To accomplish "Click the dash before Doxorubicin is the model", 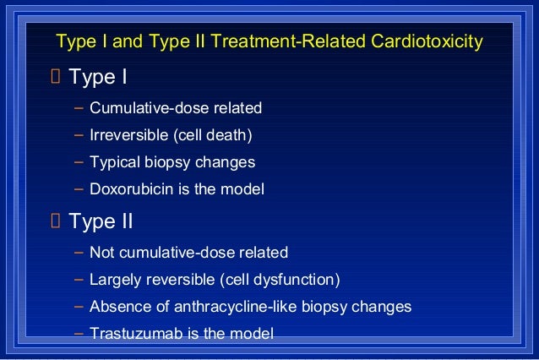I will [78, 188].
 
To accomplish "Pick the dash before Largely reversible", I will [78, 278].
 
